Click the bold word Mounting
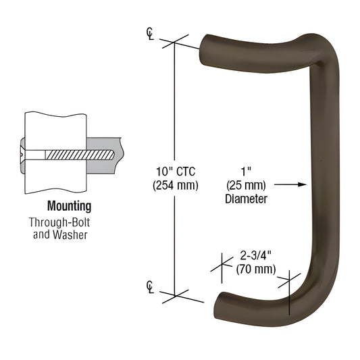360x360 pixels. pyautogui.click(x=69, y=207)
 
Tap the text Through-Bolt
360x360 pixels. pyautogui.click(x=69, y=222)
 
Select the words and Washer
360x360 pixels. pyautogui.click(x=69, y=235)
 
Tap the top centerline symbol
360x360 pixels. pyautogui.click(x=149, y=34)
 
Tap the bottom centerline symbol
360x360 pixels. pyautogui.click(x=149, y=288)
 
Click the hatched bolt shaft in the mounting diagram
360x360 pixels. pyautogui.click(x=74, y=154)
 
